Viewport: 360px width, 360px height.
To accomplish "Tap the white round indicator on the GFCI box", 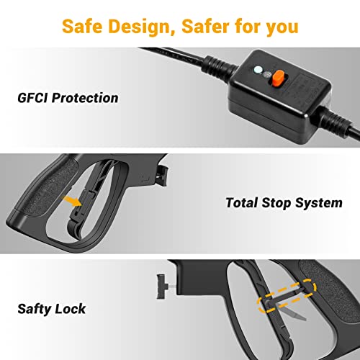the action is [258, 70].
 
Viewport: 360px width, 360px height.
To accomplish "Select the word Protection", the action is [85, 98].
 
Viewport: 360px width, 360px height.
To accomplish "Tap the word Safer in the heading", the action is [206, 26].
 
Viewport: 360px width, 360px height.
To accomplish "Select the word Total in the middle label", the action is [242, 203].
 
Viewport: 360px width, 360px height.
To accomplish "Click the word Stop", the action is [276, 204].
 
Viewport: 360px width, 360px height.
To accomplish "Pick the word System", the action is [319, 204].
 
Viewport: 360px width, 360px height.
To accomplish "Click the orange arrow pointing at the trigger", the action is [73, 201].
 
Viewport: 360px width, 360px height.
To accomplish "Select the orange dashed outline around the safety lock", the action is [287, 296].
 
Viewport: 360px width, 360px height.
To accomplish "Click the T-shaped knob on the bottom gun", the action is [162, 287].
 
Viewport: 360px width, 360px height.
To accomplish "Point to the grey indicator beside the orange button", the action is [267, 75].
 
